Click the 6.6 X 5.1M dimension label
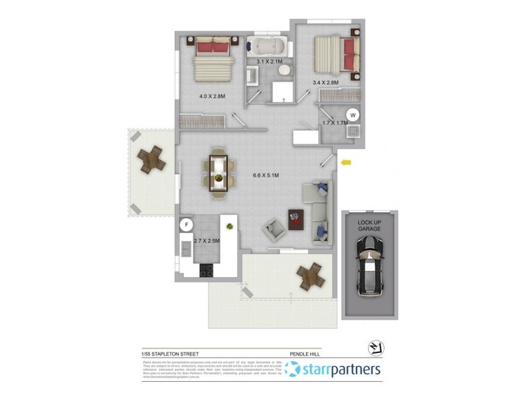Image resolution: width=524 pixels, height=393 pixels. click(x=266, y=176)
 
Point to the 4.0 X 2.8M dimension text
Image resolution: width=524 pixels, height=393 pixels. click(x=212, y=96)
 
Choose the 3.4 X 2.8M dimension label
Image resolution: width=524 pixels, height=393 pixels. click(x=325, y=83)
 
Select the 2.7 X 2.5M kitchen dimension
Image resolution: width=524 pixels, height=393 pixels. click(x=206, y=241)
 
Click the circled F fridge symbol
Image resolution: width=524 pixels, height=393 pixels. click(x=187, y=225)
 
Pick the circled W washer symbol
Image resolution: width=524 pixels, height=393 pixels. click(x=353, y=115)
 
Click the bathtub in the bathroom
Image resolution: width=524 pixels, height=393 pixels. click(x=269, y=47)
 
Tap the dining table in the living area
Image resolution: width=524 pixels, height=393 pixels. click(x=219, y=174)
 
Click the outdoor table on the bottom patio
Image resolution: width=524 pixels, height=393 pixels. click(x=310, y=276)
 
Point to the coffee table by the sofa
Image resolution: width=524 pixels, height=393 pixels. click(x=297, y=217)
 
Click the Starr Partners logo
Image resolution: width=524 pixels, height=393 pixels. click(x=334, y=370)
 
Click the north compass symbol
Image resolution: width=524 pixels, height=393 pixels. click(x=377, y=348)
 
